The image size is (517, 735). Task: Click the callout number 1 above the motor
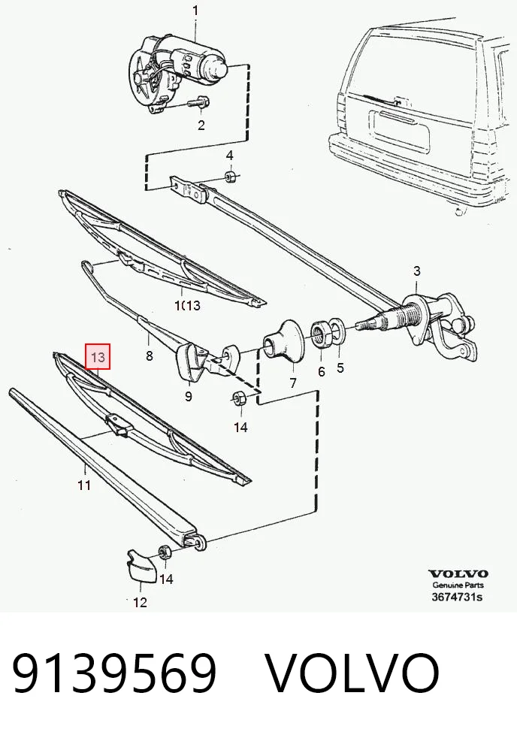(195, 11)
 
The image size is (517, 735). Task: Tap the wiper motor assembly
(177, 73)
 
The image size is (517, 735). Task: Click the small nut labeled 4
(230, 177)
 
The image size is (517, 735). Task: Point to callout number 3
(417, 271)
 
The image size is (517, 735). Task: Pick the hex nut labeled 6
(321, 334)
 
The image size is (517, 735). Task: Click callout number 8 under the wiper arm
(149, 355)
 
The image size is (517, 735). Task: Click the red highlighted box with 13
(98, 357)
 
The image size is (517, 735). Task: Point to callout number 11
(84, 484)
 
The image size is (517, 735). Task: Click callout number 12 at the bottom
(141, 602)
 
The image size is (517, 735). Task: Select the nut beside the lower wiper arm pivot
(165, 552)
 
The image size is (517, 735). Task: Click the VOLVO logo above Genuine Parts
(458, 573)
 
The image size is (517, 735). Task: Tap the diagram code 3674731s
(457, 597)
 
